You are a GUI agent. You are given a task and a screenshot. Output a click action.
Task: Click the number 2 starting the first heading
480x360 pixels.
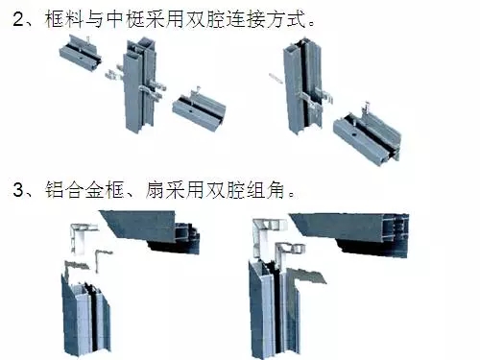click(x=18, y=19)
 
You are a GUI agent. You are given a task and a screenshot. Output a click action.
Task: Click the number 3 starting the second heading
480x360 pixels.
click(x=18, y=189)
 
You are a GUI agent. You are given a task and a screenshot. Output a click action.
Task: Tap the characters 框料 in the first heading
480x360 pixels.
click(x=63, y=19)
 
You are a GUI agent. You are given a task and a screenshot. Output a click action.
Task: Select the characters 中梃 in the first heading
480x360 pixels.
click(x=124, y=19)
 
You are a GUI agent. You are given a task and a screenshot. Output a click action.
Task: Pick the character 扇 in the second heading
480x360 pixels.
click(x=156, y=189)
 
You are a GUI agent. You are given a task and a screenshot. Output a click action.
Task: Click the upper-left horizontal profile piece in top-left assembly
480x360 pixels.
click(x=80, y=51)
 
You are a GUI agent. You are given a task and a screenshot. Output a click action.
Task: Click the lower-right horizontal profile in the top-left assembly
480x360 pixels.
click(x=199, y=110)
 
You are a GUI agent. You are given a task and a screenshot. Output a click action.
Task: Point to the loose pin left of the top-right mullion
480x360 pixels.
click(x=276, y=78)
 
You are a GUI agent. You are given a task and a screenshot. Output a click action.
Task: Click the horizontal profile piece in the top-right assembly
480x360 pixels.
click(x=367, y=133)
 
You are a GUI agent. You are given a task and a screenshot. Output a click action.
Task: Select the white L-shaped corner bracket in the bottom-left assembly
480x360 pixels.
click(x=82, y=237)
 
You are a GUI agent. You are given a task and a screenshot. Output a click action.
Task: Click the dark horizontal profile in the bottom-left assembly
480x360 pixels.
click(x=151, y=231)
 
